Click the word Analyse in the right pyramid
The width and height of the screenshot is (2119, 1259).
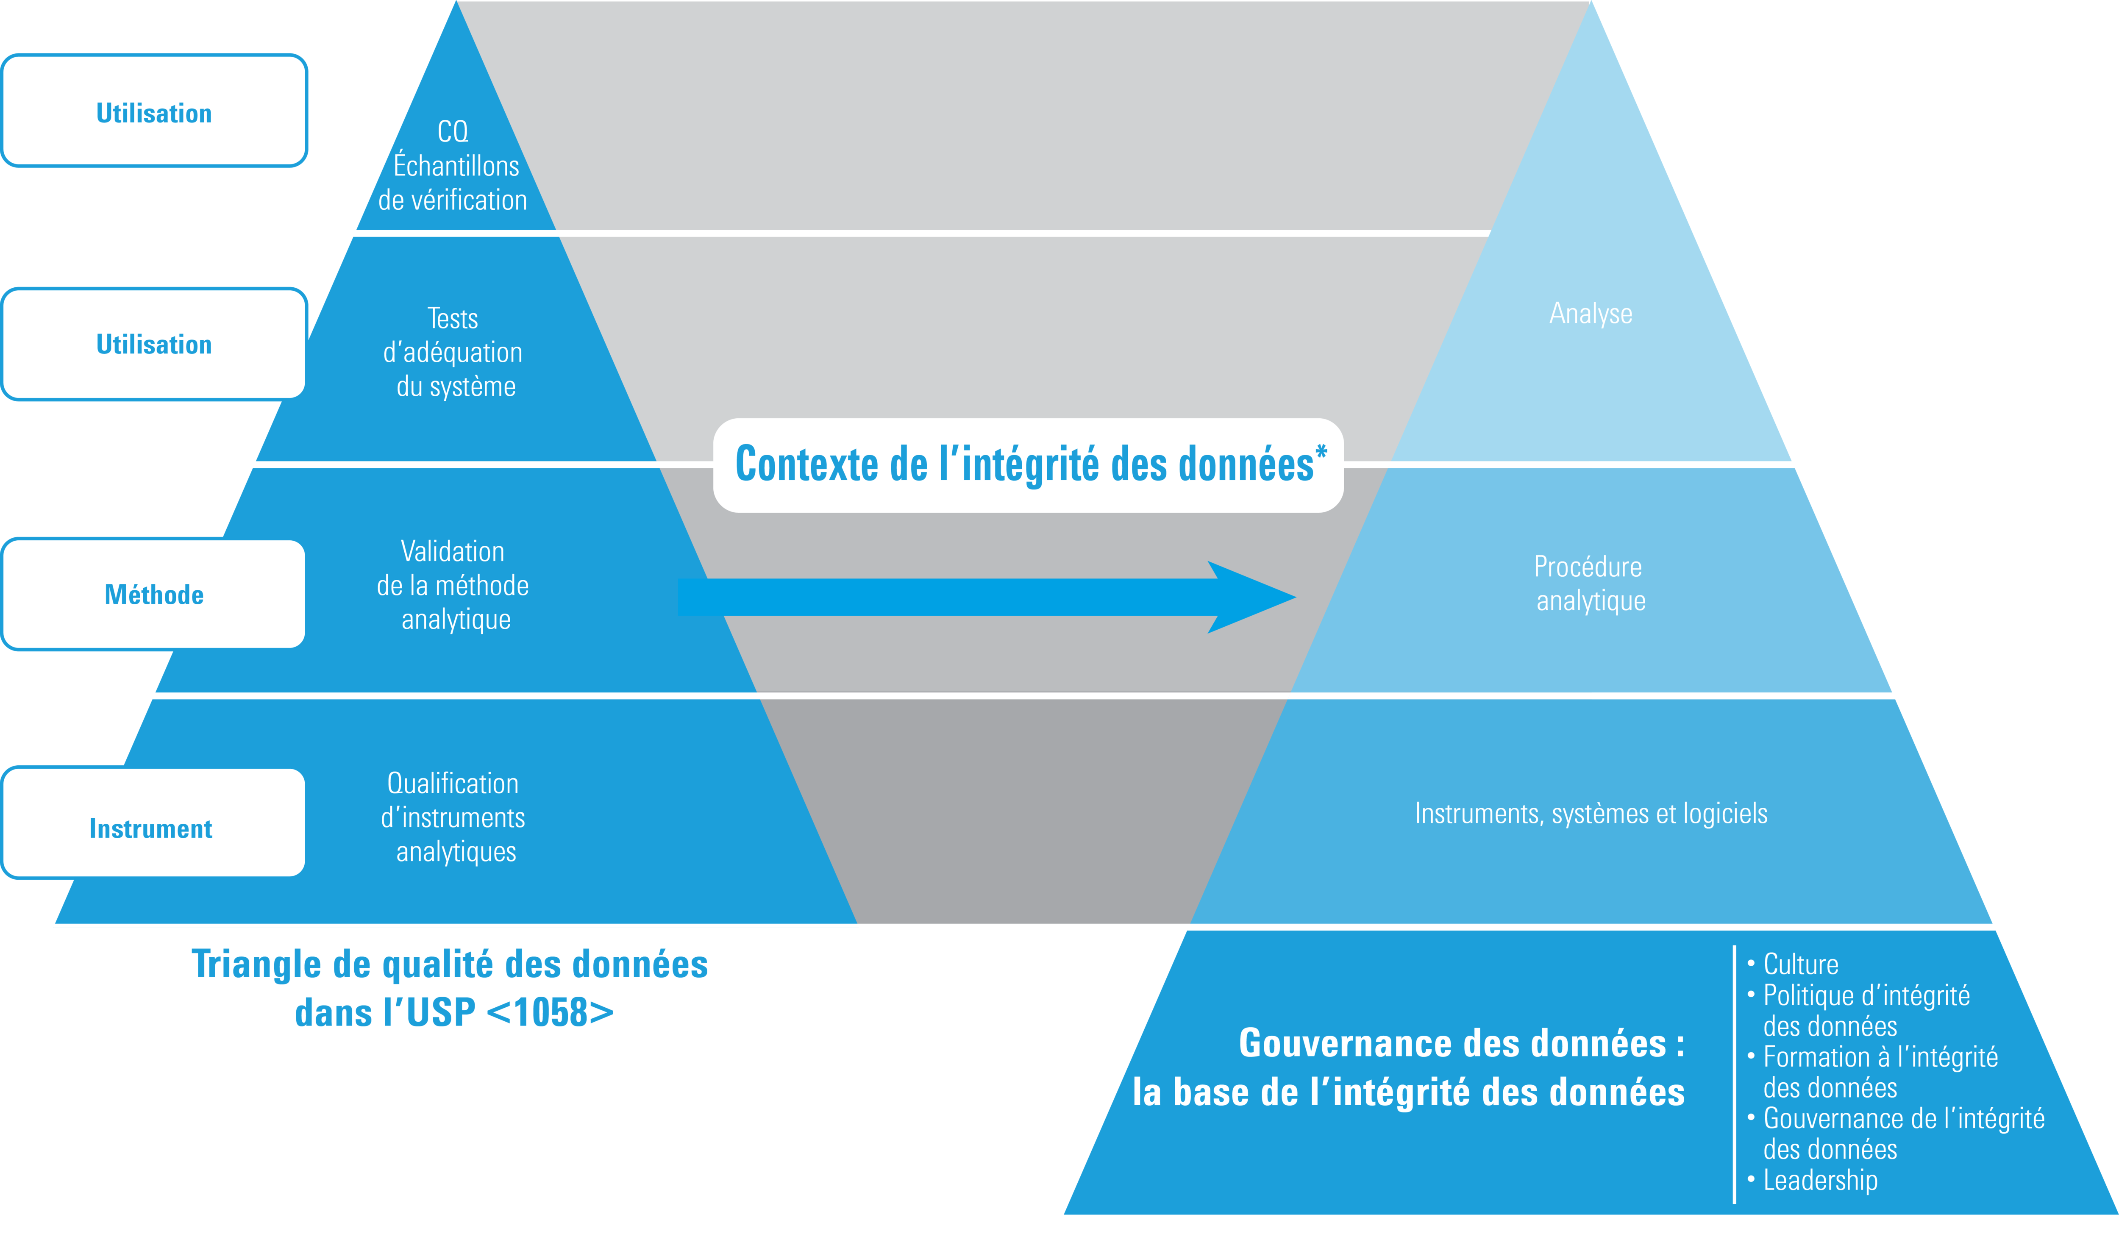1591,314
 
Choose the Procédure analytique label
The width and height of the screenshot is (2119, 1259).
1589,584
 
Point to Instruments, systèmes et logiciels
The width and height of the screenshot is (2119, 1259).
1591,814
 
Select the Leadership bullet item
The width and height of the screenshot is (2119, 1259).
1819,1180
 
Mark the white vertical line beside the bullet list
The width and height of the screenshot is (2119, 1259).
1735,1073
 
